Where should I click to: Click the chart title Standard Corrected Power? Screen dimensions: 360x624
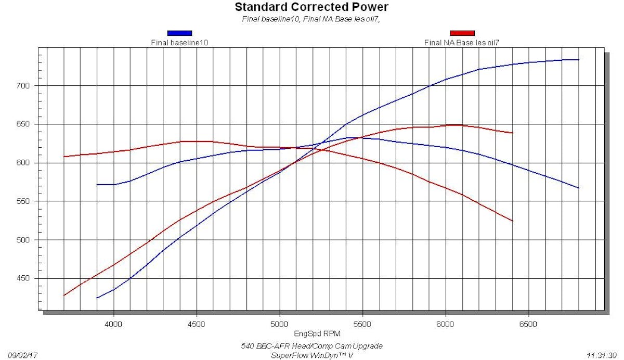311,7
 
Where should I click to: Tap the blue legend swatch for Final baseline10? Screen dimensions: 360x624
179,33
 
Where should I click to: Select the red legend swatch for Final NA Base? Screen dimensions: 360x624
462,33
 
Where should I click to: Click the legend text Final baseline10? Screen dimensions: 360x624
179,43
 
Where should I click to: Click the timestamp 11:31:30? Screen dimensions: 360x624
602,355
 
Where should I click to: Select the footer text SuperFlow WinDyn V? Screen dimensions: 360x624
311,355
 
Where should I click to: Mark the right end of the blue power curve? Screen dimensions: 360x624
579,60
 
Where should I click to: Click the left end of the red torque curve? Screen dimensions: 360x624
64,157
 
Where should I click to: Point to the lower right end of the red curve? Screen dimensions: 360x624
513,221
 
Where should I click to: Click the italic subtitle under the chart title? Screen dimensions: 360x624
311,19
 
